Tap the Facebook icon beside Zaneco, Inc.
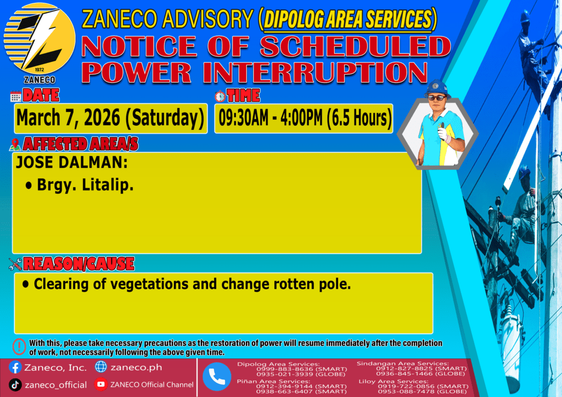[x=15, y=367]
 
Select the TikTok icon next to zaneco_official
[x=15, y=385]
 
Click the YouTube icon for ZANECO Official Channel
[x=101, y=384]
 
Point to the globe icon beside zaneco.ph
[x=101, y=367]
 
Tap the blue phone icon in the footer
[x=217, y=377]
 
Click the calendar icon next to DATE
[x=16, y=97]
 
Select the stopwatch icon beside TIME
[x=220, y=97]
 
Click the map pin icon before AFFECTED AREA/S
[x=15, y=144]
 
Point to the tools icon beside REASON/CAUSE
[x=15, y=264]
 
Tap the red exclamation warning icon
[x=19, y=347]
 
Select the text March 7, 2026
[x=68, y=118]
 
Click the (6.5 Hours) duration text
[x=358, y=118]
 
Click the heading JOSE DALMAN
[x=72, y=162]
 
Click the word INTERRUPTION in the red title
[x=315, y=73]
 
